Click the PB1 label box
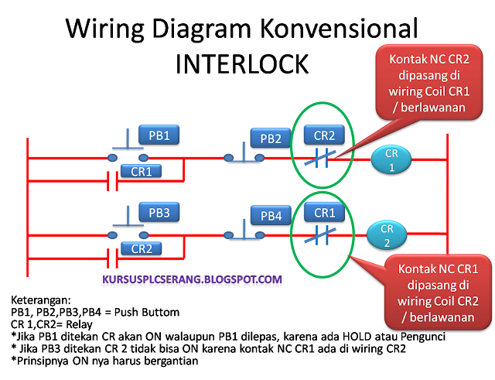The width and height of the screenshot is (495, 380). point(159,135)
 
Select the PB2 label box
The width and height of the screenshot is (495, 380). point(271,138)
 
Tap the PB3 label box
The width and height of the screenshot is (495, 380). point(159,212)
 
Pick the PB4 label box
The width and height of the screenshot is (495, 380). point(271,215)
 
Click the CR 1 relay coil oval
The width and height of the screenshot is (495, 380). point(391,160)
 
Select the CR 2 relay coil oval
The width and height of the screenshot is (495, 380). point(387,235)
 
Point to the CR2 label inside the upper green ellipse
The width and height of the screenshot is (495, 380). point(324,135)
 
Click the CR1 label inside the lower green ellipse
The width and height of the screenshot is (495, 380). point(324,212)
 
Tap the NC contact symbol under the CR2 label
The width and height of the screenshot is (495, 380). point(320,158)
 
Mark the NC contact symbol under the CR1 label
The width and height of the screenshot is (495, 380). point(320,235)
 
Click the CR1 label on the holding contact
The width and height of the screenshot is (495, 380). point(141,171)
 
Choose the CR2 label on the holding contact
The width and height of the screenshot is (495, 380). point(142,248)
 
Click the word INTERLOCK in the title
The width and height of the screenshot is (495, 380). point(242,64)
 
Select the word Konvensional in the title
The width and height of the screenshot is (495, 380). point(339,29)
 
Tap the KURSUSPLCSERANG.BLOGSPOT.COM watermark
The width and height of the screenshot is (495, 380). point(193,279)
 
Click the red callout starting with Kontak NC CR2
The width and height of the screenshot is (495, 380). point(429,83)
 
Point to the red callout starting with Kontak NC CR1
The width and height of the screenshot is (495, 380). point(438,293)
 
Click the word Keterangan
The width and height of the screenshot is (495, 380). point(41,300)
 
